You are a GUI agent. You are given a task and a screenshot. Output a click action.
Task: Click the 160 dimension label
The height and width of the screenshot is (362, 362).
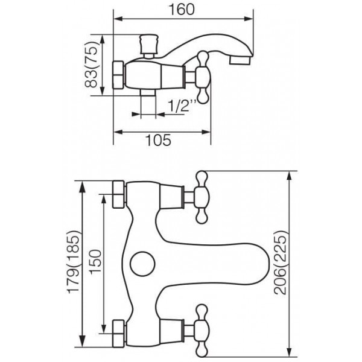182,10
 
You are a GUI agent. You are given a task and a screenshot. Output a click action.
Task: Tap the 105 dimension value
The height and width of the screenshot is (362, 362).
158,140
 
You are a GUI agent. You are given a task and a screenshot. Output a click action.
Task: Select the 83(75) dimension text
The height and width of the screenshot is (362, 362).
92,65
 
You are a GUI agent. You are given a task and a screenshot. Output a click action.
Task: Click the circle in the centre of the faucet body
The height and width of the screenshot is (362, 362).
142,264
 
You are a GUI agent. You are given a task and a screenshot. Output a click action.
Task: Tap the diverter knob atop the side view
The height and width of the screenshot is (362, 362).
149,46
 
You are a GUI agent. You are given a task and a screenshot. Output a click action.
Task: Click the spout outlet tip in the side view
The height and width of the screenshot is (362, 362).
240,61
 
